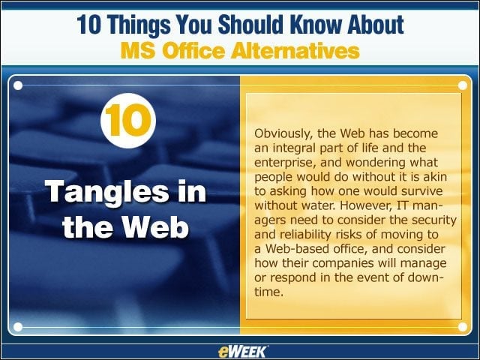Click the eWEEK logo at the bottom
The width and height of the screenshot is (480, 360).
(x=242, y=352)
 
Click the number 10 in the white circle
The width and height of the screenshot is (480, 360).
(x=128, y=120)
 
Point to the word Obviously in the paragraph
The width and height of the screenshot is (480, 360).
(x=283, y=134)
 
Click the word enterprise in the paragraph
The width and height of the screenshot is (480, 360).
(x=285, y=163)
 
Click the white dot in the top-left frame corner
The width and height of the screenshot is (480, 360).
(x=18, y=85)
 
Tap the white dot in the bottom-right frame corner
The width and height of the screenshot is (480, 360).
(x=463, y=327)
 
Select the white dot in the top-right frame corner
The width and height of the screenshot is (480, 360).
(x=463, y=85)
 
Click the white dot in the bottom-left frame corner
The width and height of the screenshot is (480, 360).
(x=18, y=327)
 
